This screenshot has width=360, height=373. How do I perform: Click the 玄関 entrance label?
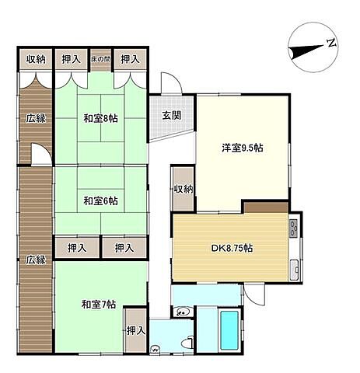click(x=172, y=115)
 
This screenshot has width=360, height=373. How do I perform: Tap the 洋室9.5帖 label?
click(x=243, y=148)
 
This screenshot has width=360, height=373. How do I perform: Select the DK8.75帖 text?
click(x=232, y=248)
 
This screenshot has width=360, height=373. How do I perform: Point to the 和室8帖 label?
click(x=100, y=119)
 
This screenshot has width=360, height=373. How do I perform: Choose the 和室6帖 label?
click(x=100, y=200)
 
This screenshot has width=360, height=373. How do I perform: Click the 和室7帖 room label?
click(x=99, y=305)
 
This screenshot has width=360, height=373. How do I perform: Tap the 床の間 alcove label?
click(x=100, y=59)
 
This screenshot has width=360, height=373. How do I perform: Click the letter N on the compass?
click(x=331, y=43)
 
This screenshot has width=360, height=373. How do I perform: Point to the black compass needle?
click(x=306, y=51)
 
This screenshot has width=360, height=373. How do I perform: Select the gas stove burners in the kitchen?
click(x=293, y=228)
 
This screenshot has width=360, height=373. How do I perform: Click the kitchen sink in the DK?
click(x=294, y=270)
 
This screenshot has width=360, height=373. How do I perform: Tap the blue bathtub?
click(x=229, y=329)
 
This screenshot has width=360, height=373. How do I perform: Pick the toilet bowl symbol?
click(x=187, y=343)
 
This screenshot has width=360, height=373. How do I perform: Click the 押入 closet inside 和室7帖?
click(x=135, y=330)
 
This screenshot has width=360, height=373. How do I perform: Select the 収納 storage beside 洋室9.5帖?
click(x=183, y=189)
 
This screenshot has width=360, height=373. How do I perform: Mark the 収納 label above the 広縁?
click(x=36, y=59)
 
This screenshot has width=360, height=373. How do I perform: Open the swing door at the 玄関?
click(x=171, y=83)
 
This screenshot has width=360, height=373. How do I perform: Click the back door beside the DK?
click(x=254, y=294)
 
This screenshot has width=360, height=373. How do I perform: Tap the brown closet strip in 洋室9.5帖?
click(x=266, y=207)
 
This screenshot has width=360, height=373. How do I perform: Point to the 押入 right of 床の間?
click(x=130, y=59)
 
